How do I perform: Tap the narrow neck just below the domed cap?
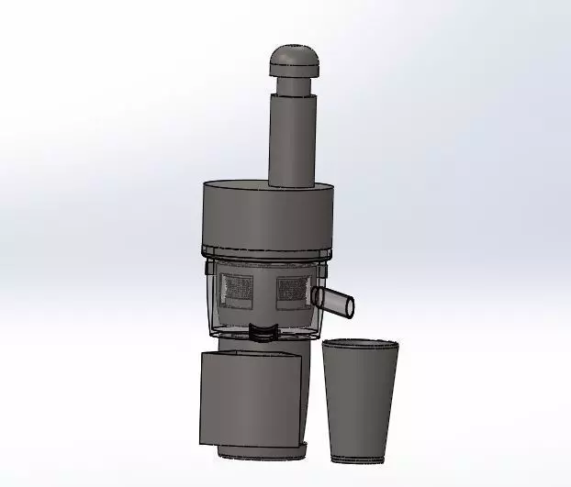pos(293,86)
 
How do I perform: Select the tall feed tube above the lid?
pos(292,138)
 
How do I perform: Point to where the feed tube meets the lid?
pos(292,183)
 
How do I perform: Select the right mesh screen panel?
pos(293,287)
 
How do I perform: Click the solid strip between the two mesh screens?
pos(266,289)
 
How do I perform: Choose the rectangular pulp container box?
pos(250,399)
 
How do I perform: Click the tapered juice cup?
pos(360,399)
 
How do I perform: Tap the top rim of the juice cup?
pos(361,344)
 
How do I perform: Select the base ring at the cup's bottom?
pos(361,456)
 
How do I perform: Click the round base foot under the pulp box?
pos(262,453)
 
